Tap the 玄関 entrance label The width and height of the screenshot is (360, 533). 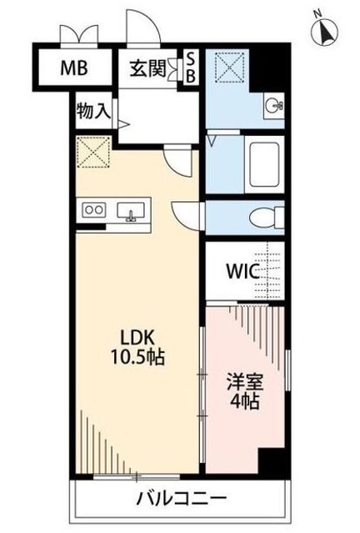pyautogui.click(x=147, y=69)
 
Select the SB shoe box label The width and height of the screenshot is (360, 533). pyautogui.click(x=190, y=67)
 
